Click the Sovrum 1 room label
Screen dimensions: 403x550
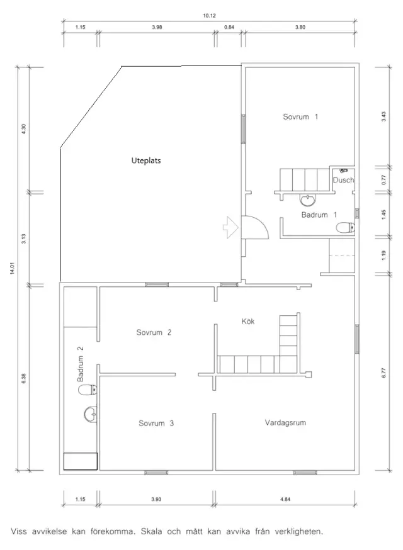[300, 117]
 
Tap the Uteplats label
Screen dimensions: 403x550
[146, 160]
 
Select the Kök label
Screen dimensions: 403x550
[248, 322]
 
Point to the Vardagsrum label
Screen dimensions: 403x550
[285, 423]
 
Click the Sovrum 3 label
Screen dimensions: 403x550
[156, 424]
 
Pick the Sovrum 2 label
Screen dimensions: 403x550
[154, 332]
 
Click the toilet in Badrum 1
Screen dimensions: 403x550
[346, 228]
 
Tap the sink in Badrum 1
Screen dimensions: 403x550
[308, 199]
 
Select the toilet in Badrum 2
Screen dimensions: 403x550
[88, 390]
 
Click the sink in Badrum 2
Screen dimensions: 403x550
[91, 414]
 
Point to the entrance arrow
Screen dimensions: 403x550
[230, 228]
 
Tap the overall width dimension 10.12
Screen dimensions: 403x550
[209, 16]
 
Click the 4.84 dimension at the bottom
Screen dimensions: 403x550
[285, 499]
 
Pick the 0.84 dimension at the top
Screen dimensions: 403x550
[229, 27]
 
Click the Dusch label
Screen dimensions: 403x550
[343, 181]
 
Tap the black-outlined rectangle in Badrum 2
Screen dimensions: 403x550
[81, 461]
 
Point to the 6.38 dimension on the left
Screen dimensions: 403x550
[23, 378]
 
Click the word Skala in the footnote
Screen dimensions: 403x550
[152, 531]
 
